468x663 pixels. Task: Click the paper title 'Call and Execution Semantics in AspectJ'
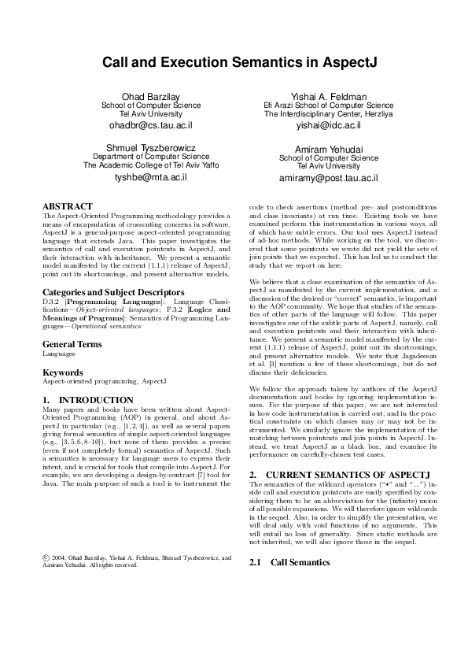click(x=234, y=61)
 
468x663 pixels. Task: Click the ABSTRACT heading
click(x=67, y=206)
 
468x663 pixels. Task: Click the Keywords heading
click(x=62, y=372)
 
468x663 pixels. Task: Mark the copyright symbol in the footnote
click(x=45, y=557)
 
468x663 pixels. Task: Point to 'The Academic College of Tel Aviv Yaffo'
click(x=151, y=165)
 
